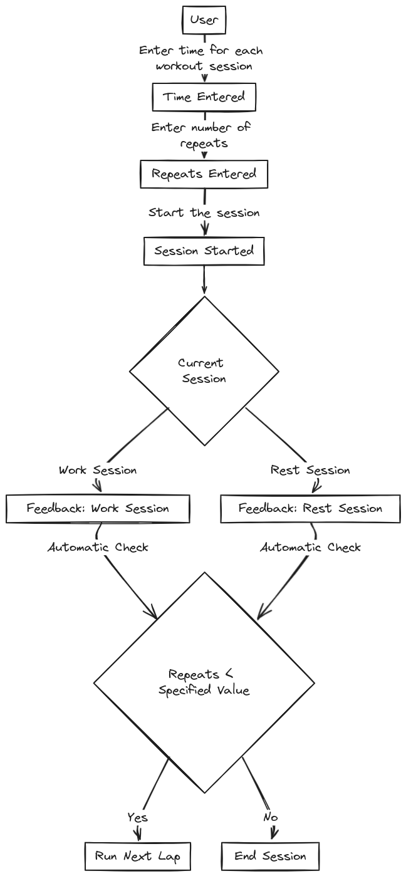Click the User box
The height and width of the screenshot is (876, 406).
tap(204, 19)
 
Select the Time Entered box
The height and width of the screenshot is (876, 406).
tap(204, 96)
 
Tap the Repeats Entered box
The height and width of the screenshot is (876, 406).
tap(204, 174)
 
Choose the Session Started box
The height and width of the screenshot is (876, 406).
tap(204, 251)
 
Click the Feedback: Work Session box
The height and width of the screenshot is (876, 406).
tap(98, 508)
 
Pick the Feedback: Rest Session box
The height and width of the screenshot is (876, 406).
tap(310, 508)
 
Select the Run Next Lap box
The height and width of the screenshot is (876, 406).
tap(138, 856)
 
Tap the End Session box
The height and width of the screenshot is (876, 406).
tap(270, 856)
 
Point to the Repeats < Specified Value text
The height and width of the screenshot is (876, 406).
tap(204, 682)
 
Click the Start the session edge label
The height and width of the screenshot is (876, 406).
tap(204, 213)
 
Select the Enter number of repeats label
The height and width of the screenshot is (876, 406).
tap(201, 135)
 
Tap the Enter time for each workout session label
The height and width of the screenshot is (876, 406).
tap(201, 58)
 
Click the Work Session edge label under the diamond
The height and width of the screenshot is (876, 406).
tap(98, 470)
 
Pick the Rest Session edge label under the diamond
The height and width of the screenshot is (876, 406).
tap(310, 470)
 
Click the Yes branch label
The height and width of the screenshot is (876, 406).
tap(138, 817)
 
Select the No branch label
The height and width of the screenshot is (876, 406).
tap(270, 817)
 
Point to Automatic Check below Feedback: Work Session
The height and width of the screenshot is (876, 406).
tap(98, 547)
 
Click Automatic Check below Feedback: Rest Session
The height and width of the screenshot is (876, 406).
tap(310, 547)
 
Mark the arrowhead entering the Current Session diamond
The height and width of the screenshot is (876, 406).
tap(204, 289)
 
